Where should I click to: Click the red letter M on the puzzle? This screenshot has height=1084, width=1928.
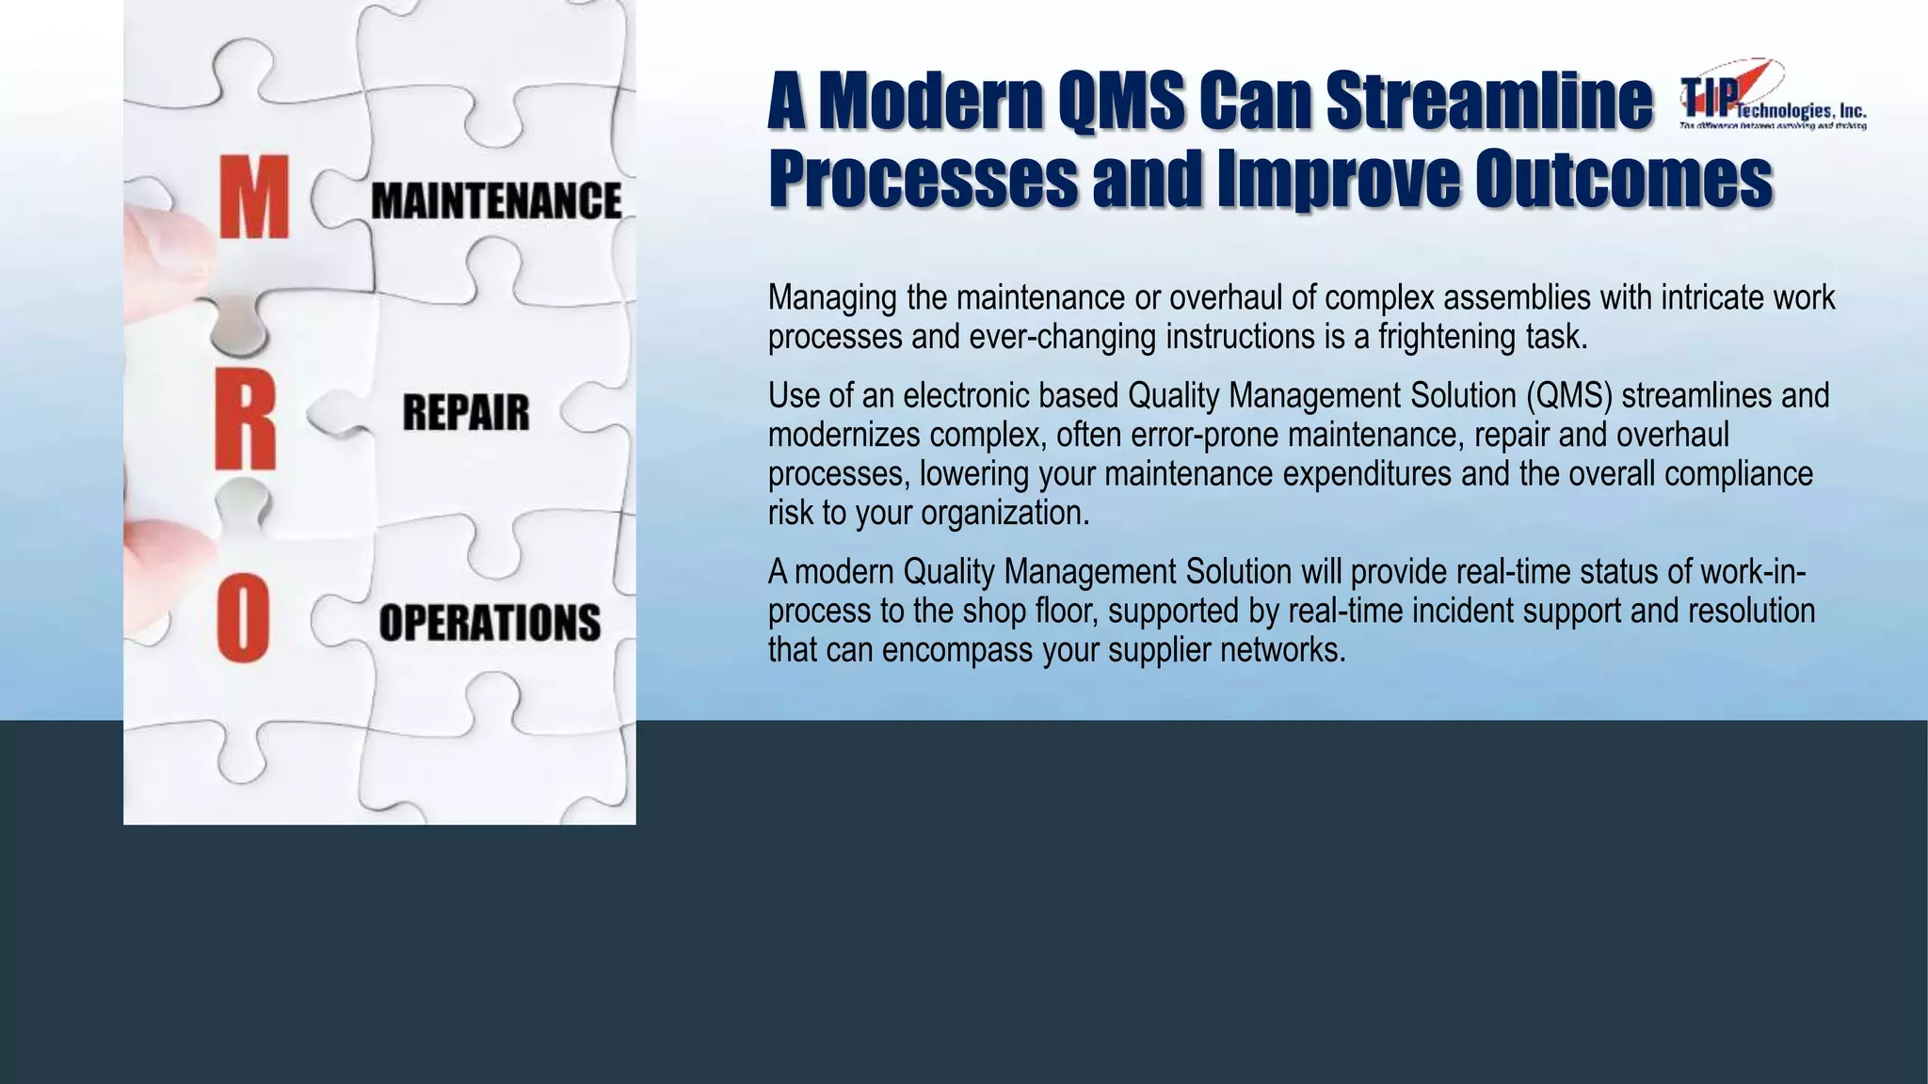(x=253, y=198)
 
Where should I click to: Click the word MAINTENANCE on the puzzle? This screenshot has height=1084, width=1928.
(x=496, y=201)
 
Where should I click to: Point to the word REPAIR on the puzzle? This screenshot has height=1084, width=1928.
(x=466, y=413)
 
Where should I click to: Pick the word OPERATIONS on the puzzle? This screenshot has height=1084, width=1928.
(x=490, y=623)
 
